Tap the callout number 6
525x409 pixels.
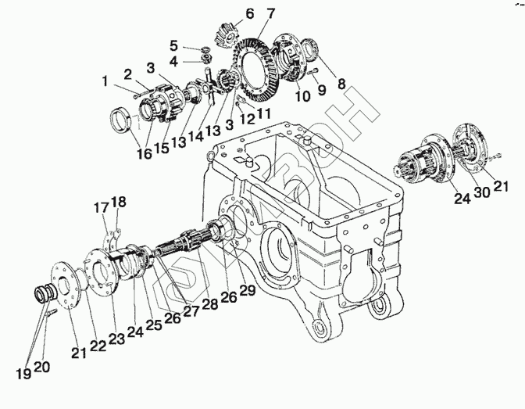tap(228, 13)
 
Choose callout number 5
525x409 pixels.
tap(175, 45)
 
